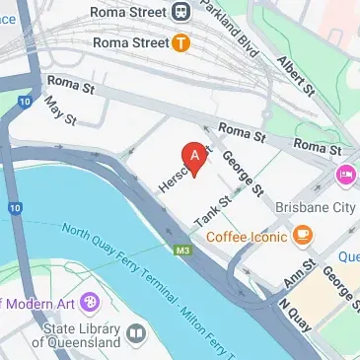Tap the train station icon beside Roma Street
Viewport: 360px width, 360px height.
180,12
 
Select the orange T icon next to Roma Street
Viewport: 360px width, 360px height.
180,42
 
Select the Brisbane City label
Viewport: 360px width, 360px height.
316,208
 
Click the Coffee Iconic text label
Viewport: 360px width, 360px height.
248,236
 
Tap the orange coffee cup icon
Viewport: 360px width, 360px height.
302,236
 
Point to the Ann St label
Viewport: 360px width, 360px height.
299,274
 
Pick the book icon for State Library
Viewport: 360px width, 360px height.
135,334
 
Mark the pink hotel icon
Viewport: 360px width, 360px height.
346,176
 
